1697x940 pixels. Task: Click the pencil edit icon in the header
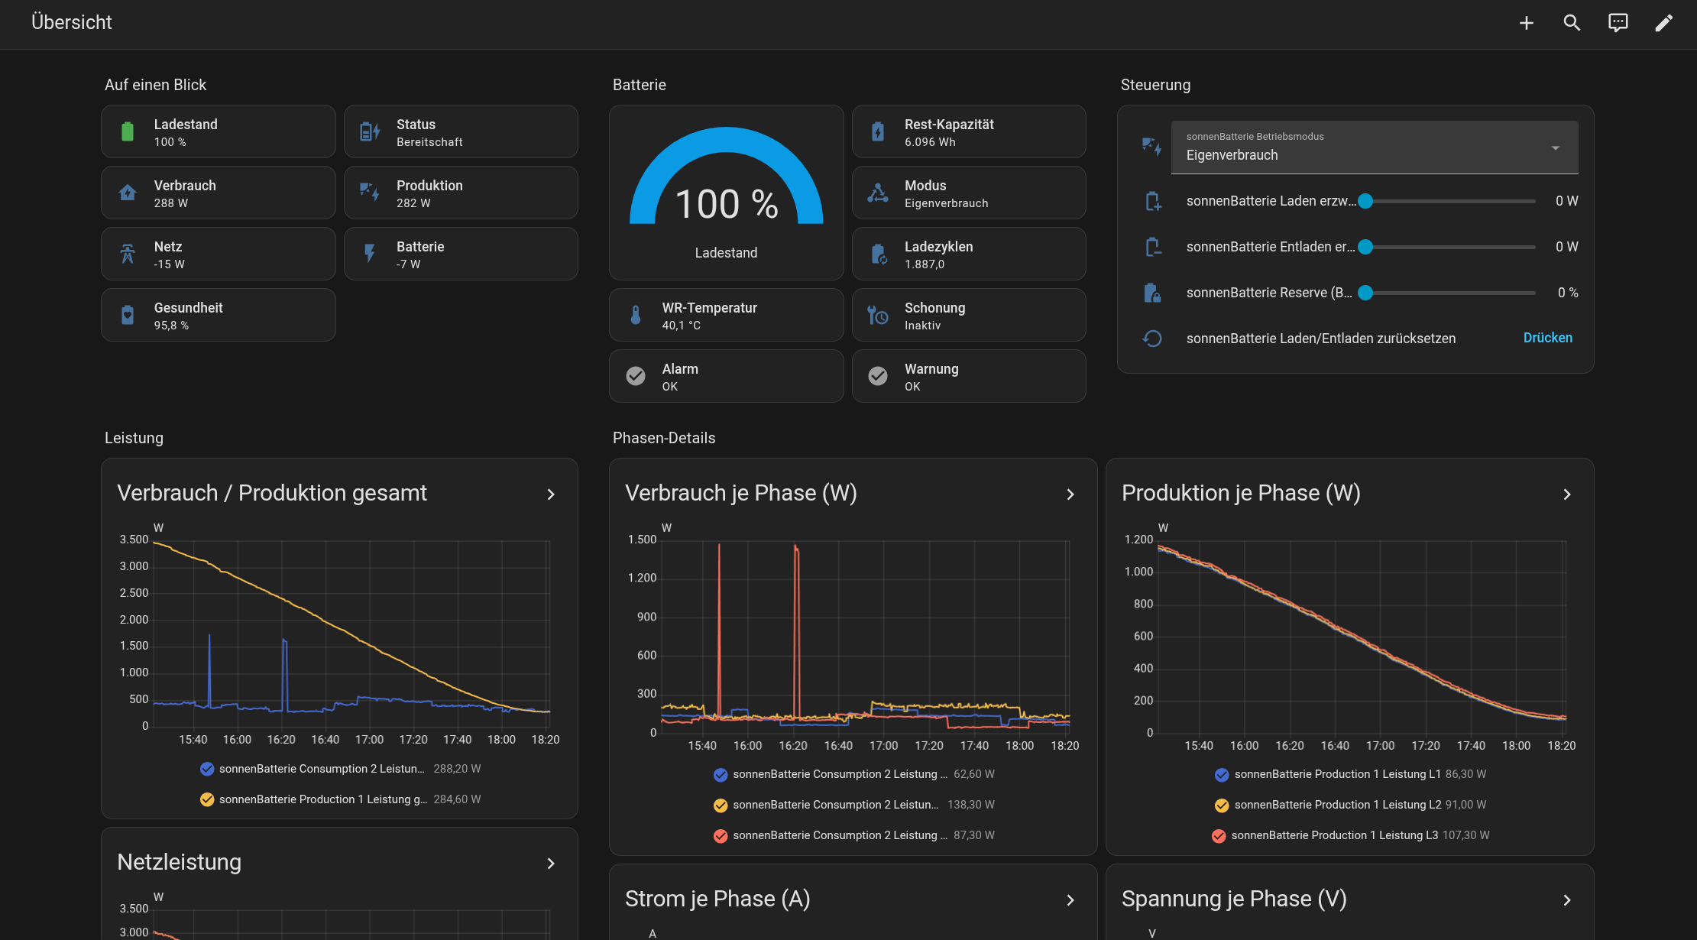tap(1663, 23)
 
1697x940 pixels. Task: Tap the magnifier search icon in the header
tap(1572, 23)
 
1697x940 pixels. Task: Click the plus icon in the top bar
tap(1526, 23)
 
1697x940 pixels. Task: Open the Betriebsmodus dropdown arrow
tap(1555, 147)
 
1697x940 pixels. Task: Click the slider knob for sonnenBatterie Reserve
tap(1365, 293)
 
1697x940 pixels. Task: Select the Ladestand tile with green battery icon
tap(219, 131)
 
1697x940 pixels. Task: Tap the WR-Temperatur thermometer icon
tap(636, 315)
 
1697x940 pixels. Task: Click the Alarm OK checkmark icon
tap(636, 376)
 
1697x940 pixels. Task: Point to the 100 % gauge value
tap(727, 204)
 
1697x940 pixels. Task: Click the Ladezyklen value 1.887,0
tap(925, 264)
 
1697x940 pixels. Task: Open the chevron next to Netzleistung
tap(551, 864)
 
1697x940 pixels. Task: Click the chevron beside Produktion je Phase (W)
tap(1567, 494)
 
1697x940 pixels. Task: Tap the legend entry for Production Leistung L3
tap(1350, 835)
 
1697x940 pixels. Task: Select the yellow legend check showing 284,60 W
tap(207, 799)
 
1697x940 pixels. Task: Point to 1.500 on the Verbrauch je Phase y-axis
tap(642, 540)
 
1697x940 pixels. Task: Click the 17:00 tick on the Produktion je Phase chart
tap(1380, 746)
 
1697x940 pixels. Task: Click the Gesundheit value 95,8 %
tap(171, 326)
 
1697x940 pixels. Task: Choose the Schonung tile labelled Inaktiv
tap(969, 315)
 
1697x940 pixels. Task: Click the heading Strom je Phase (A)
tap(717, 899)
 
